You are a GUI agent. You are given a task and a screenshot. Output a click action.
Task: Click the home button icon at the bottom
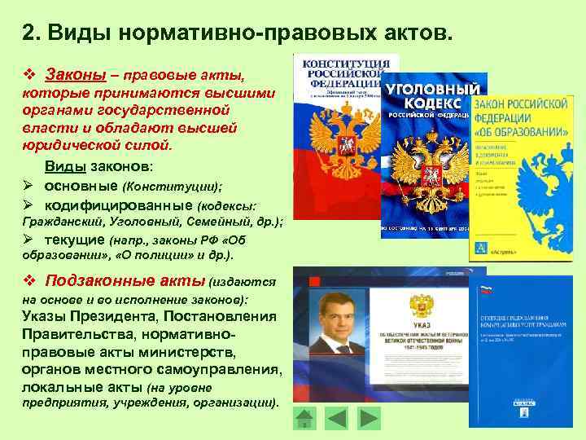[304, 419]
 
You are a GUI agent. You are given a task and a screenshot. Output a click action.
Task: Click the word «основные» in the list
[76, 185]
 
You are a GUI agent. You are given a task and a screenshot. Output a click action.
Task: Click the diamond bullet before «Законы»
[29, 76]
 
